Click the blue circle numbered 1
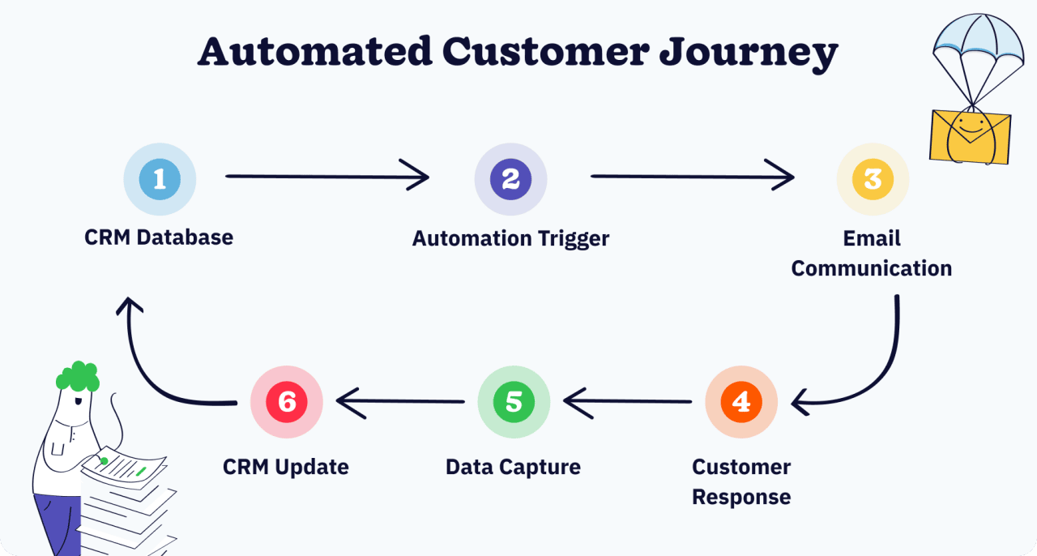[x=160, y=179]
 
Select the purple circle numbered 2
[x=510, y=179]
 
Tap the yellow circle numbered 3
[x=873, y=179]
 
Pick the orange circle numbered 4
[x=740, y=402]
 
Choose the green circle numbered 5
[x=514, y=402]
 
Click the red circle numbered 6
[x=287, y=402]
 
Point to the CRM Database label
[x=159, y=237]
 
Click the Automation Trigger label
[x=510, y=238]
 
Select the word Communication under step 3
[x=871, y=268]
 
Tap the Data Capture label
[x=513, y=468]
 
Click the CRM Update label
[x=286, y=468]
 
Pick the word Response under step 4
[x=740, y=497]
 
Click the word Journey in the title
[x=748, y=53]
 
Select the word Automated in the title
[x=314, y=51]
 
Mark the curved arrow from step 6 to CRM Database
[x=150, y=365]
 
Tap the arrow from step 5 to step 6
[x=400, y=400]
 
